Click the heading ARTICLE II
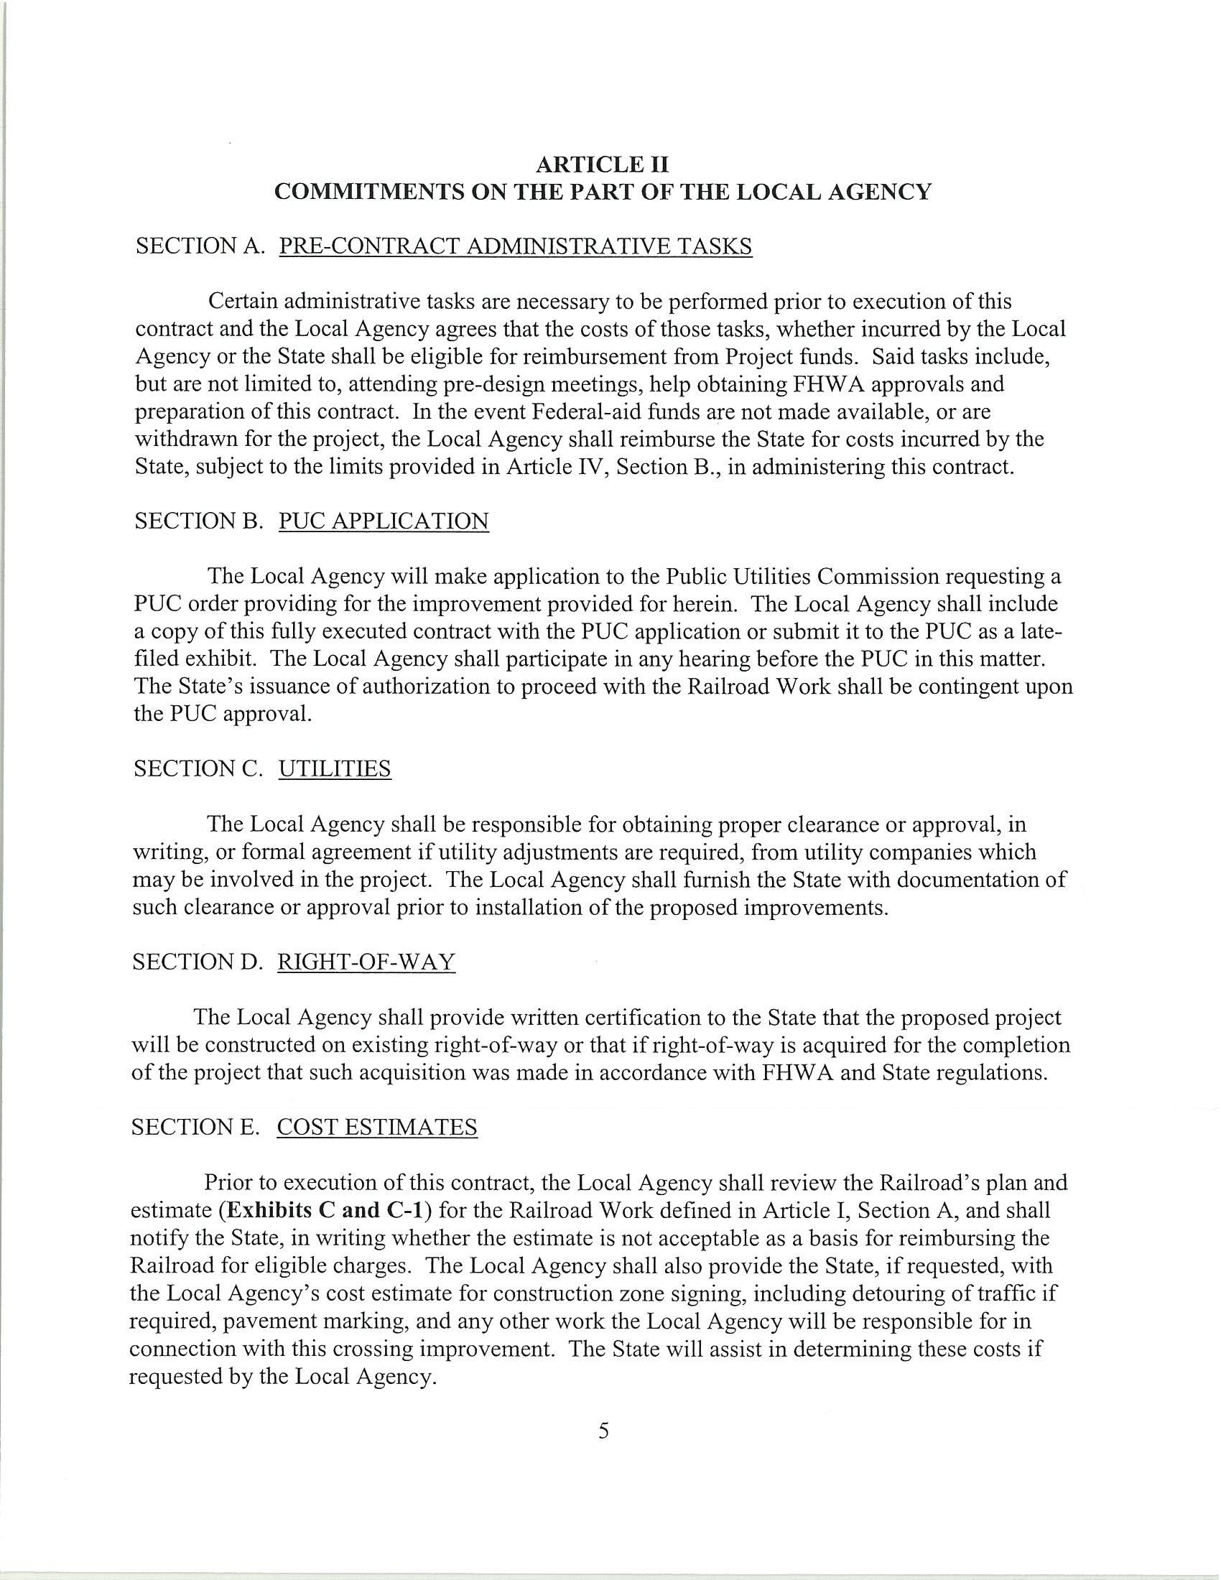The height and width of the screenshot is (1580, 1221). coord(603,165)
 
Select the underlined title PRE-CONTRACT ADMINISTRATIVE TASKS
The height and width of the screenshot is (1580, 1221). coord(515,246)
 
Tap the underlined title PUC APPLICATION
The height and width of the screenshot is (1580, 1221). coord(384,521)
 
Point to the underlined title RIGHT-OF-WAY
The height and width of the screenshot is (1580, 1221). coord(366,962)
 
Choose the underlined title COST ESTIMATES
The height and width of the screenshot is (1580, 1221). coord(377,1127)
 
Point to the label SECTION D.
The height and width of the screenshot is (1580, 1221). coord(197,962)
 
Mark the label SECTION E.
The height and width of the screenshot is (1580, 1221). coord(195,1127)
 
